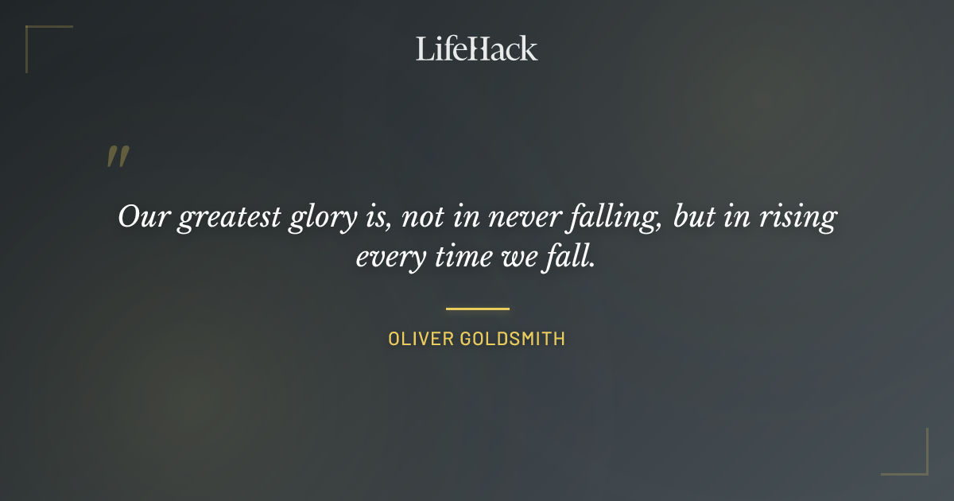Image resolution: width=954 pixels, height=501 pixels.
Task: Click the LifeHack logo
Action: (x=477, y=49)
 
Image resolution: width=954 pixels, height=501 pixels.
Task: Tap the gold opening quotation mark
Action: (x=118, y=157)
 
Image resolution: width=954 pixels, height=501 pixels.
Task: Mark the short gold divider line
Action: (x=477, y=309)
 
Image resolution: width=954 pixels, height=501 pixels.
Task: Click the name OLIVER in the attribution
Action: (x=421, y=339)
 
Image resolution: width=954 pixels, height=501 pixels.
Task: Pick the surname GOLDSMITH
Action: (x=512, y=339)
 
